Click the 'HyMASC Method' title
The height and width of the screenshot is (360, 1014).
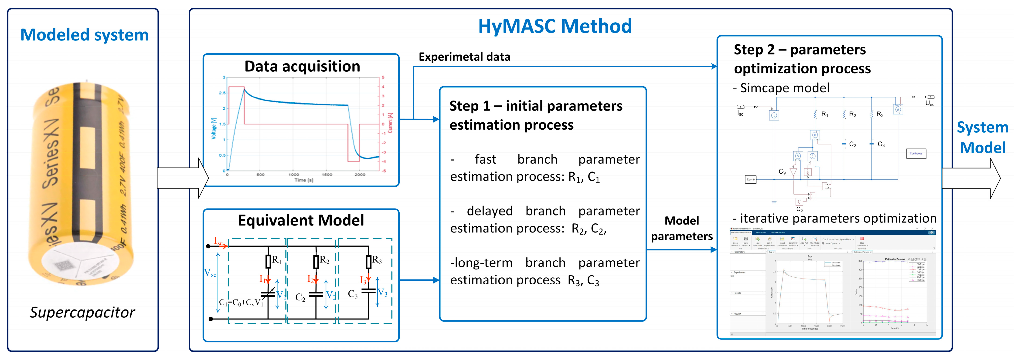(x=555, y=27)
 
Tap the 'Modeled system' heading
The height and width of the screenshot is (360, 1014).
(x=84, y=35)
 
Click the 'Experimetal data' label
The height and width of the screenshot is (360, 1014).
(x=464, y=57)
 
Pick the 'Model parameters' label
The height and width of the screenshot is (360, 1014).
(x=681, y=228)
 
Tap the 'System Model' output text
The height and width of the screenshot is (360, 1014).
(x=983, y=138)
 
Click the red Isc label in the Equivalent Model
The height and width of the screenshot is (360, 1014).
(x=218, y=241)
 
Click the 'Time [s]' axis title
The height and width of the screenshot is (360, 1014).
(x=304, y=180)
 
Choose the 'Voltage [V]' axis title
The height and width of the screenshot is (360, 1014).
(x=214, y=128)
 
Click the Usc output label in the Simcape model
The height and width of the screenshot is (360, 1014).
(x=929, y=103)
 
